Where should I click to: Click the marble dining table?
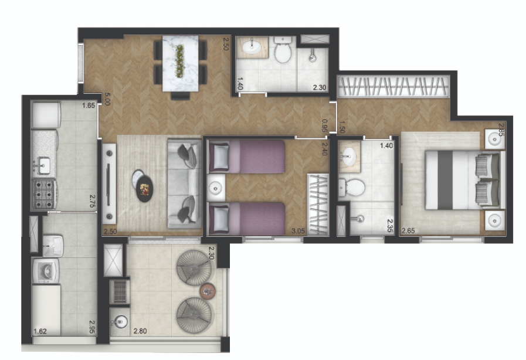[x=181, y=63]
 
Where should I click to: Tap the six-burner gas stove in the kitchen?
[x=45, y=195]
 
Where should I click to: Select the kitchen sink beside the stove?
[x=43, y=165]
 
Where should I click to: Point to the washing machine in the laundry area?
[x=46, y=270]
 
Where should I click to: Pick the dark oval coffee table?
[x=145, y=189]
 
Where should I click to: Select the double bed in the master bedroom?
[x=465, y=180]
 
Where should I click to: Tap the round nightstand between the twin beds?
[x=215, y=188]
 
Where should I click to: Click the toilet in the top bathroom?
[x=283, y=50]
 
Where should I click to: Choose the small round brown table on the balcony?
[x=208, y=291]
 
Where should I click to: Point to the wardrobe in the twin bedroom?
[x=318, y=204]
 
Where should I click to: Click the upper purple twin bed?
[x=247, y=157]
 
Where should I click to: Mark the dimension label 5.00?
[x=107, y=99]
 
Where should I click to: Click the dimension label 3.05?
[x=298, y=231]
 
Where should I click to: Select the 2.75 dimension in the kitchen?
[x=92, y=201]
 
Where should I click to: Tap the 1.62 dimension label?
[x=40, y=331]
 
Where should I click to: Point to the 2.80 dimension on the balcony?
[x=140, y=331]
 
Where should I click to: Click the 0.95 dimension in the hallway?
[x=324, y=126]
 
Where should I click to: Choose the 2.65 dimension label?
[x=408, y=231]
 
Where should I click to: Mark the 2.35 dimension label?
[x=390, y=226]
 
